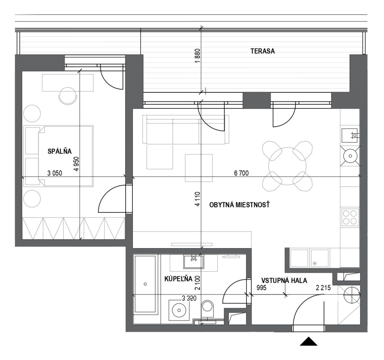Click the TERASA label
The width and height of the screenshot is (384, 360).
[262, 51]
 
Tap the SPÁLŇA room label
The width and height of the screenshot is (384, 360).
[60, 151]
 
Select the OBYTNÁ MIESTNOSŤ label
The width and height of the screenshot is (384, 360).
[239, 205]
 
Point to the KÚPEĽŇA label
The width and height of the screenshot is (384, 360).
[178, 279]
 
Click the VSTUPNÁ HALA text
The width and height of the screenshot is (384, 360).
[284, 280]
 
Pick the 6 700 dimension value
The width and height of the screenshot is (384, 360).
[241, 173]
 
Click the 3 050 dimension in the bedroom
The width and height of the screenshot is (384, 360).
[55, 173]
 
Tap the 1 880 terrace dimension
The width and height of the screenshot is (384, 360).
[198, 56]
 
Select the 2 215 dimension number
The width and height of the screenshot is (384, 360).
[323, 288]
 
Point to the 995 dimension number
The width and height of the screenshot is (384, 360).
[261, 288]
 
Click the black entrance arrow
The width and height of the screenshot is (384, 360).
[309, 341]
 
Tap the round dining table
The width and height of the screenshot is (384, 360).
[287, 166]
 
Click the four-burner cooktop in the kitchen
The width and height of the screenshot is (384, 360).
[350, 217]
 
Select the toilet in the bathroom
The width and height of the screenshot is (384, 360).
[207, 309]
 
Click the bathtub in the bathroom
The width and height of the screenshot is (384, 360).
[145, 284]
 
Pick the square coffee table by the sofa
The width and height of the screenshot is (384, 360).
[199, 168]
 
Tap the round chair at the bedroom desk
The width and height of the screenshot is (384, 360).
[67, 96]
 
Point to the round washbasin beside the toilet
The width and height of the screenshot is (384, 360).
[179, 310]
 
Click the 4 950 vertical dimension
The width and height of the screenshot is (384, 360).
[76, 164]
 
